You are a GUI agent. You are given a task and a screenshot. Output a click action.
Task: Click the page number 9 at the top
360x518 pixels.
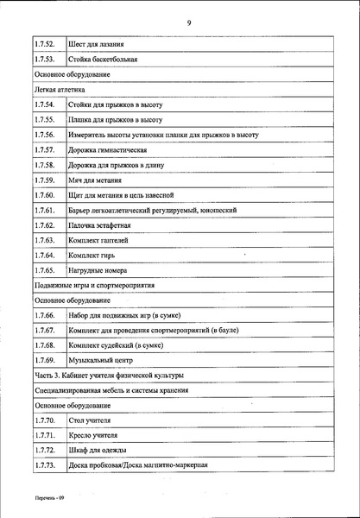[x=187, y=23]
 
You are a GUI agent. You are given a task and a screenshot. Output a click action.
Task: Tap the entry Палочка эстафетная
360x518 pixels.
[x=104, y=224]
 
